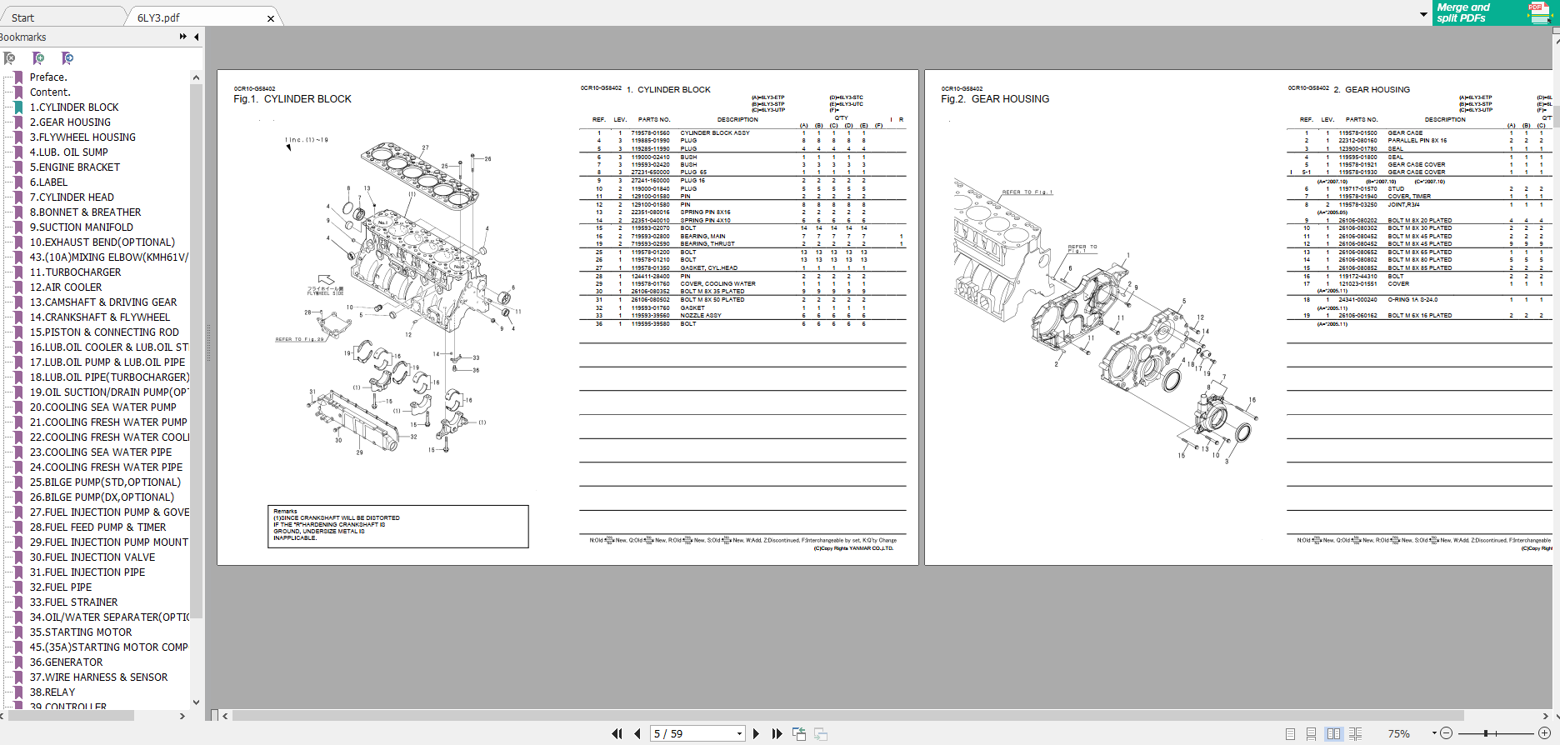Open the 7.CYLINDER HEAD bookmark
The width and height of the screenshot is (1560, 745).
pos(72,197)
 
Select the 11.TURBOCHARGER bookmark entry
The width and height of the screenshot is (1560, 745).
pos(75,272)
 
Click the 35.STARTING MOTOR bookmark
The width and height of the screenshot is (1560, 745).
pos(80,632)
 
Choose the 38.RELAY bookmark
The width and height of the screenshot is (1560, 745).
pos(52,692)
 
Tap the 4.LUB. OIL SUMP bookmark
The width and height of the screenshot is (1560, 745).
pos(68,152)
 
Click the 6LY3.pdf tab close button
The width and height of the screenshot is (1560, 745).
pos(270,18)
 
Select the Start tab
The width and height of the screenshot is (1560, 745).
pos(23,17)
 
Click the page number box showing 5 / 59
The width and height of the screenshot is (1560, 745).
pos(696,733)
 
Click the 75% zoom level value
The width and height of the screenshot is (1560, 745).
pos(1398,733)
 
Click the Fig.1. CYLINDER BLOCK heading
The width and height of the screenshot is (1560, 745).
pos(292,99)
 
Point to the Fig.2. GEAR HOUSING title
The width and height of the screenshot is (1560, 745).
pos(995,99)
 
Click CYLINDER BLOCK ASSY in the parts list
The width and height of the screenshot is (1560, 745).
pos(714,133)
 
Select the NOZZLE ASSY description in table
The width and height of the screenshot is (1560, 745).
pos(701,316)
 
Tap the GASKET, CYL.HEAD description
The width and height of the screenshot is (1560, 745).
pos(708,268)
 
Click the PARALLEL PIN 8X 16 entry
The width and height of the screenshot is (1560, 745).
pos(1417,141)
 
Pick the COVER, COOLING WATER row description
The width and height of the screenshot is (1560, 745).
pos(717,284)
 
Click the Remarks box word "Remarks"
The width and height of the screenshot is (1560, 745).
pos(285,511)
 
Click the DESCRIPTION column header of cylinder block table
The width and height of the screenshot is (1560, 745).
pos(737,120)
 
